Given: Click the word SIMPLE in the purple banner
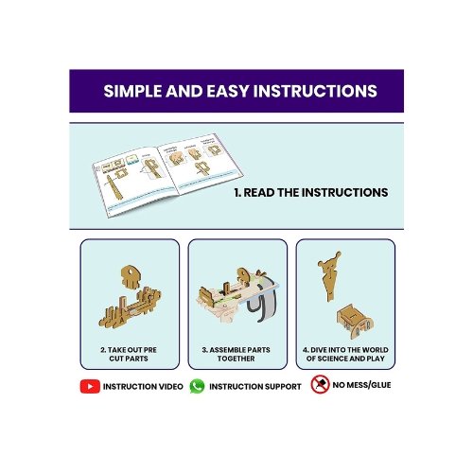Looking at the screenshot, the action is tap(133, 91).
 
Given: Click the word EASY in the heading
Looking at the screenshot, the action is tap(228, 91).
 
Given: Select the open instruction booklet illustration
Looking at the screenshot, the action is tap(167, 175).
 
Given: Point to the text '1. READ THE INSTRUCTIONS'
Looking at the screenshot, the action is tap(311, 192).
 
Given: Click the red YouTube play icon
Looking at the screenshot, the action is tap(90, 386).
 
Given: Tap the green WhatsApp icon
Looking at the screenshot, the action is tap(197, 386).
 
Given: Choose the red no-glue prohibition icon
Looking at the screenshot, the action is tap(320, 384).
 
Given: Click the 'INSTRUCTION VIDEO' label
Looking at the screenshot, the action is tap(143, 387).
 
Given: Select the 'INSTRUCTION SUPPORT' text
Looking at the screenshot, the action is tap(255, 387).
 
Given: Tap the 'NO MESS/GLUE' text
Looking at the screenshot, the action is tap(361, 385).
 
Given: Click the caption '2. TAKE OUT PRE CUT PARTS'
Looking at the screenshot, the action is tap(129, 354).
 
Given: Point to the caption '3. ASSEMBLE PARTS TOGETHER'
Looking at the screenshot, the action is tap(236, 354).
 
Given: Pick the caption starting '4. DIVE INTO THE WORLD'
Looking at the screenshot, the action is tap(345, 354).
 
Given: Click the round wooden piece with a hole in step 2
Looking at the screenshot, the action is tap(131, 276).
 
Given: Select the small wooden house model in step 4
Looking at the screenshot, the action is tap(355, 321).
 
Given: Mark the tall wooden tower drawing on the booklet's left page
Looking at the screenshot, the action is tap(114, 187).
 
